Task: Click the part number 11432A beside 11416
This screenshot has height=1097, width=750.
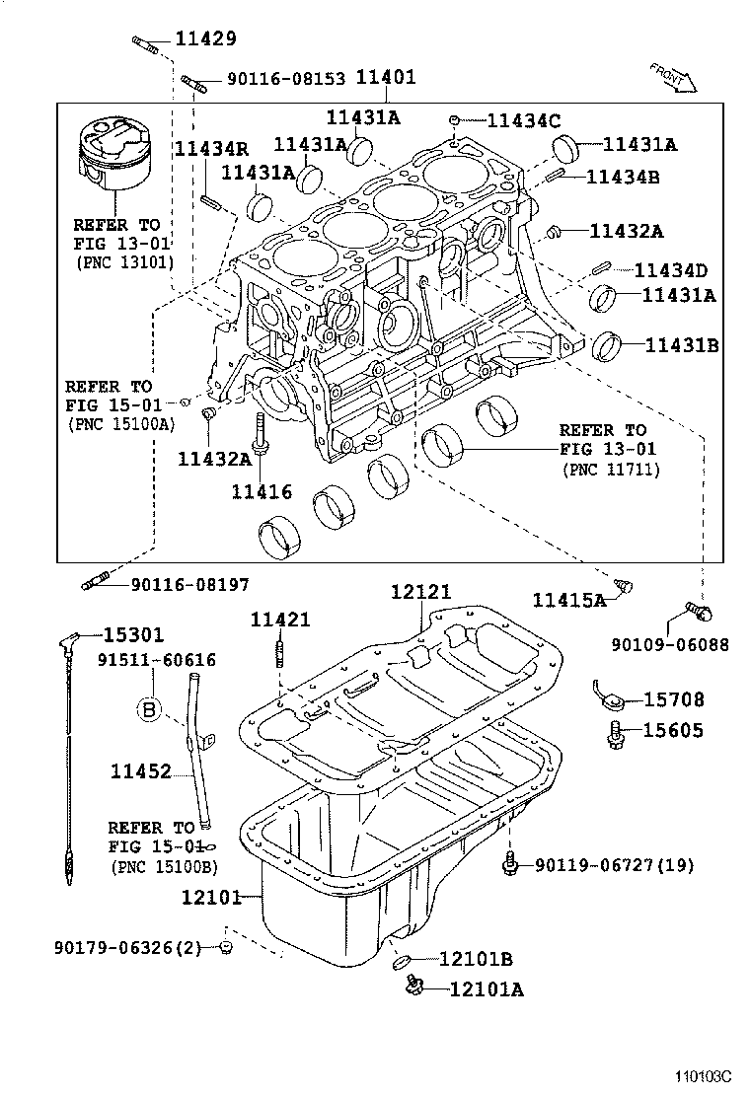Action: tap(213, 458)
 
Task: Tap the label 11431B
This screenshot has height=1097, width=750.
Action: tap(681, 345)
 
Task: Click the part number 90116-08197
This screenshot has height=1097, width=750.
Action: tap(189, 584)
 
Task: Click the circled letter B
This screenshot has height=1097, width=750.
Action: tap(149, 708)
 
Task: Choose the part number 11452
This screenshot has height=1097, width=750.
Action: tap(140, 772)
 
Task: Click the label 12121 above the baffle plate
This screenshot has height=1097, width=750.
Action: tap(420, 592)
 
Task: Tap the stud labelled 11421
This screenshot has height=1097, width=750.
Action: tap(281, 653)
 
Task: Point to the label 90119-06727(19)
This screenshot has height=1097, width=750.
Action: tap(614, 865)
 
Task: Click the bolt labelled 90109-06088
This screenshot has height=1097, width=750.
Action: tap(701, 613)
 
